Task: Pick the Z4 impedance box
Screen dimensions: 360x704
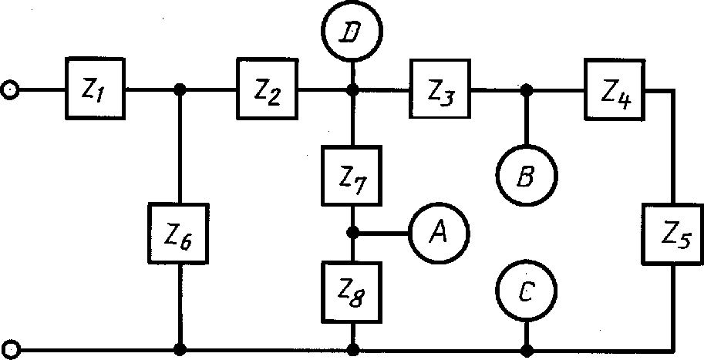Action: pyautogui.click(x=614, y=90)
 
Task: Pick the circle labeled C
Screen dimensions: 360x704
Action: pyautogui.click(x=527, y=291)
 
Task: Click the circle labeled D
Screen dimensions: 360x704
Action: pyautogui.click(x=353, y=32)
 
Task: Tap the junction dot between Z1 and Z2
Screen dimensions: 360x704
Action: pyautogui.click(x=180, y=89)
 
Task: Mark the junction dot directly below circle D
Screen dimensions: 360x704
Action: pyautogui.click(x=353, y=89)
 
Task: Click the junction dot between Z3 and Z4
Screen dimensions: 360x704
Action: pyautogui.click(x=527, y=89)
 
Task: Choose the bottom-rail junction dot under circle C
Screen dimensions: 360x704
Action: pyautogui.click(x=527, y=348)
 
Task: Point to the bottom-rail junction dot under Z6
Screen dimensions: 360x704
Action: pyautogui.click(x=180, y=348)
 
